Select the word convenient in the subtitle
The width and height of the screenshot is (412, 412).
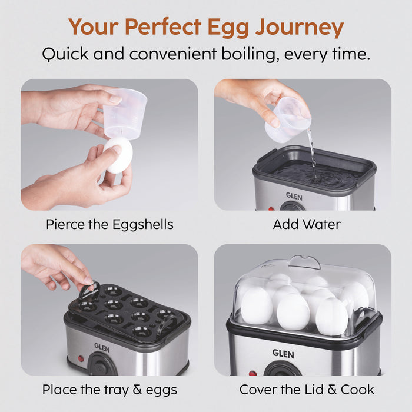pyautogui.click(x=174, y=55)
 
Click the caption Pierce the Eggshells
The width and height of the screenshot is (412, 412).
pyautogui.click(x=109, y=224)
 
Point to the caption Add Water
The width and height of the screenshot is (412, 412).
pyautogui.click(x=307, y=224)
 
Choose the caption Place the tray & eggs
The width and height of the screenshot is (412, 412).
pyautogui.click(x=109, y=390)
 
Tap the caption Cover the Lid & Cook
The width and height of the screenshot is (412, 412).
pyautogui.click(x=307, y=390)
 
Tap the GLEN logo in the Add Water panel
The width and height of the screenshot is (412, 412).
pyautogui.click(x=294, y=196)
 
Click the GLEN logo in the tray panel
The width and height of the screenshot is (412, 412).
pyautogui.click(x=102, y=347)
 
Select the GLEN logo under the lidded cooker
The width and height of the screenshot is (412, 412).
pyautogui.click(x=283, y=353)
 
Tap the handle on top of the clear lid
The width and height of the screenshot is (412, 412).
pyautogui.click(x=304, y=261)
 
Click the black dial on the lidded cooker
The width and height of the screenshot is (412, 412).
pyautogui.click(x=283, y=371)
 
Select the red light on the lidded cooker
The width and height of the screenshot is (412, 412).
pyautogui.click(x=252, y=373)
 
